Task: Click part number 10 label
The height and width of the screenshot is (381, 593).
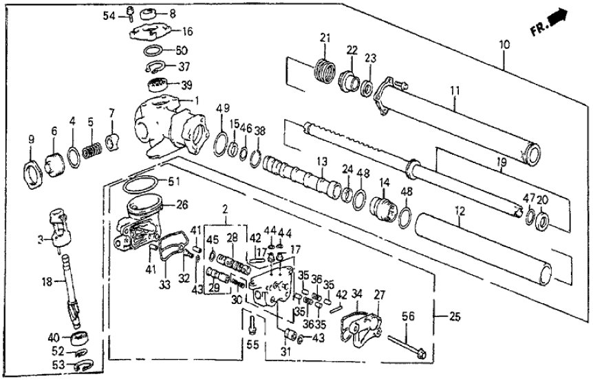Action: tap(504, 45)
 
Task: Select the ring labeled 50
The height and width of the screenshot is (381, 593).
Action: tap(154, 51)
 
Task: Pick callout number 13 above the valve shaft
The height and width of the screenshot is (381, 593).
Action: tap(320, 162)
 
